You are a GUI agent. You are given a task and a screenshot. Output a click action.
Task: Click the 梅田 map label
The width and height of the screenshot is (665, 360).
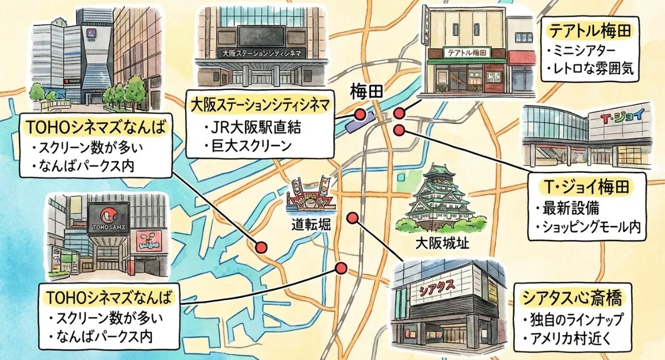366,92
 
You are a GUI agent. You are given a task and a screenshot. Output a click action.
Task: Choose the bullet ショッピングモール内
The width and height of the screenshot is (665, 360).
590,226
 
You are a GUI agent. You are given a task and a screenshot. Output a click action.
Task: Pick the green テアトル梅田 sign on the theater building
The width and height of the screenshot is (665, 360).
467,53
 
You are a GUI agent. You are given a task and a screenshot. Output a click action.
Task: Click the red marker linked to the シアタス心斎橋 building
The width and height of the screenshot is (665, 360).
351,217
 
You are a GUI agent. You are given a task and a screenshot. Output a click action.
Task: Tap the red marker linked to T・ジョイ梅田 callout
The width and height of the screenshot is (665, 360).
400,130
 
